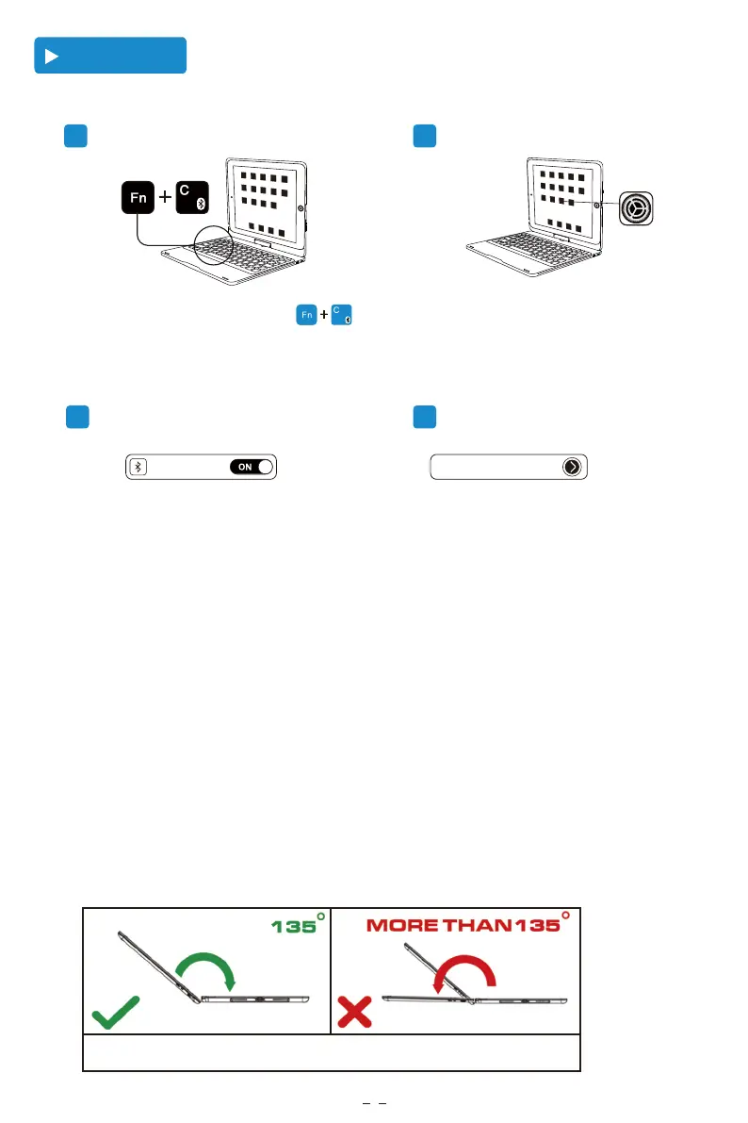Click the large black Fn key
coord(138,200)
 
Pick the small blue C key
coord(341,315)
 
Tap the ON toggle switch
coord(251,467)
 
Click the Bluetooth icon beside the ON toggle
coord(138,467)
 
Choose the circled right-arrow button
coord(572,467)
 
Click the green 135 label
coord(295,926)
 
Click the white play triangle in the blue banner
coord(53,57)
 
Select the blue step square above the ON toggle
coord(76,417)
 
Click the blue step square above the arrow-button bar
coord(425,417)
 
